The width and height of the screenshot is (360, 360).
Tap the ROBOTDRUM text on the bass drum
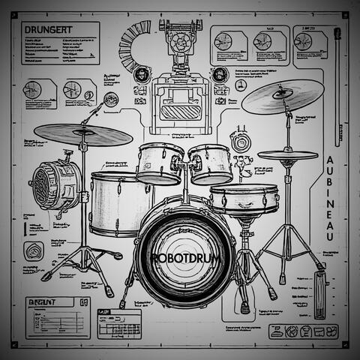pyautogui.click(x=184, y=256)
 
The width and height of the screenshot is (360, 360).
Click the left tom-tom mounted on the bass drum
pyautogui.click(x=160, y=163)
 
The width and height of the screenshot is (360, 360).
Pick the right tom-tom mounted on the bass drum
pyautogui.click(x=211, y=163)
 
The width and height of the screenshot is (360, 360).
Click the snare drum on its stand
pyautogui.click(x=244, y=199)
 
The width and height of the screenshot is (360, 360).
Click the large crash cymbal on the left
pyautogui.click(x=82, y=133)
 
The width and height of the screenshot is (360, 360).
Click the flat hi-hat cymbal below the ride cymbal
pyautogui.click(x=287, y=155)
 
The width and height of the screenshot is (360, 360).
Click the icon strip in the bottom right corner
pyautogui.click(x=303, y=331)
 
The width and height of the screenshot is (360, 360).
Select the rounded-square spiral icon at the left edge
pyautogui.click(x=34, y=250)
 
